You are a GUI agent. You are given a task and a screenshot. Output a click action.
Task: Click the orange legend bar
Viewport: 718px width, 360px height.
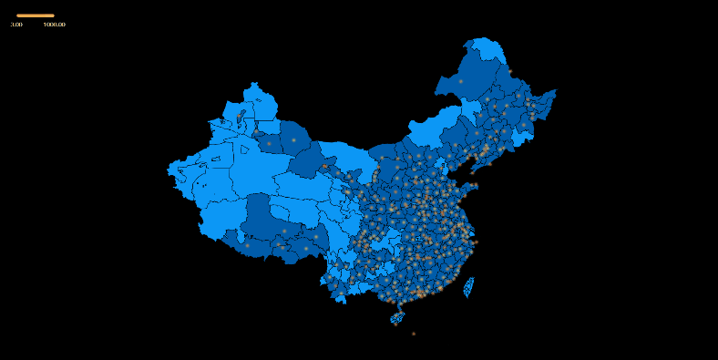[x=36, y=15]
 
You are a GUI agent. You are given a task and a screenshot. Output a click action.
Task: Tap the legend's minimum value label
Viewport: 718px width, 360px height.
[x=16, y=25]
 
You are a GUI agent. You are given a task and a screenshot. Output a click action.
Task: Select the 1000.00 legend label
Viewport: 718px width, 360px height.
[x=54, y=25]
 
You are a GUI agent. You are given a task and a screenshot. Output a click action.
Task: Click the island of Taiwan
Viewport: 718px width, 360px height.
[x=469, y=288]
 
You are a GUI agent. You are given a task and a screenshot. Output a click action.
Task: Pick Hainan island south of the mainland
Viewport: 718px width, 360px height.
[x=397, y=318]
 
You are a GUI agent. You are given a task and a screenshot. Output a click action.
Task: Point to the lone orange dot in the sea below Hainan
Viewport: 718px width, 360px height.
[x=413, y=334]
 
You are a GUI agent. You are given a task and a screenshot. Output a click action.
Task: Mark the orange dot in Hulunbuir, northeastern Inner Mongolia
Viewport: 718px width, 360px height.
[x=461, y=81]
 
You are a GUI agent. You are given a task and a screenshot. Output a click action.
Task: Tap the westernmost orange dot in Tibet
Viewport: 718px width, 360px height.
[x=247, y=244]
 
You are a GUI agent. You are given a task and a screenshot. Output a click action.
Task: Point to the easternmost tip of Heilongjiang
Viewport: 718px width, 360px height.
[x=555, y=91]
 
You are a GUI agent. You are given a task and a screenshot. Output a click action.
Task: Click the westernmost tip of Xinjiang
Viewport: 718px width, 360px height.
[x=169, y=168]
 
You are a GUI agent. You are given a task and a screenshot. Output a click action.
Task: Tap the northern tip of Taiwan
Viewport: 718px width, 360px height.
[x=473, y=278]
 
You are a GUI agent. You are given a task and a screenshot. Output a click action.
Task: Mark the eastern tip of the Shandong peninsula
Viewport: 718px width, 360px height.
[x=477, y=185]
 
